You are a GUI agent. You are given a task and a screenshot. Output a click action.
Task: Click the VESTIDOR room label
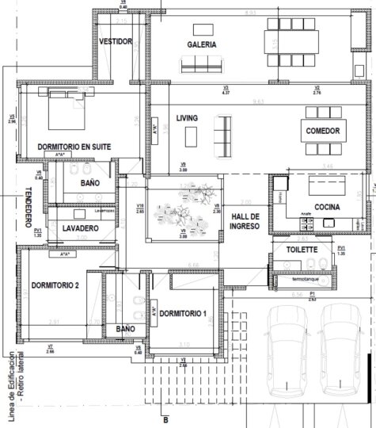point(116,41)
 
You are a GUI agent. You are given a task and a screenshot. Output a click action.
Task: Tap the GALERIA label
point(202,44)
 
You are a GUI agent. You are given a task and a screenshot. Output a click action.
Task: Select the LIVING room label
point(187,118)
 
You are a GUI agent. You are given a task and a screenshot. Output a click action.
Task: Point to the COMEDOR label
point(322,131)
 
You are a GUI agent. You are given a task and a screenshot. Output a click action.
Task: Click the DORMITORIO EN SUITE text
point(73,147)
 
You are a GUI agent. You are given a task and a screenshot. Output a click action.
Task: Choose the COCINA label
point(327,206)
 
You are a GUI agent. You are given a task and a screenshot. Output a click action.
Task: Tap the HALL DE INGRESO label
point(245,221)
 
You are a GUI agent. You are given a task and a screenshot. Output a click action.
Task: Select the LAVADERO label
point(80,228)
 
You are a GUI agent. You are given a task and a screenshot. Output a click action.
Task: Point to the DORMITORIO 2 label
point(55,285)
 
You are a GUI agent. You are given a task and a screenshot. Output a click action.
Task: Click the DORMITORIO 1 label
point(183,313)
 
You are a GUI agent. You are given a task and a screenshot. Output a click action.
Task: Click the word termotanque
point(305,279)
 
